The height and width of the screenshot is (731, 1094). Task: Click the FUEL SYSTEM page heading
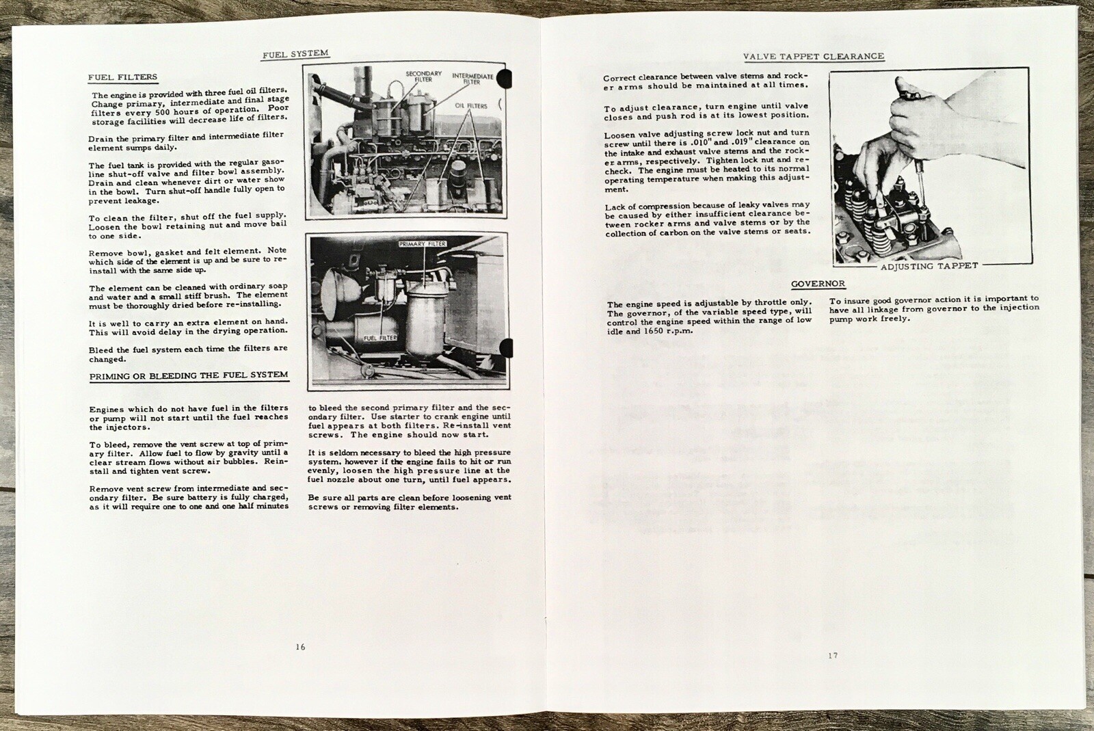coord(295,54)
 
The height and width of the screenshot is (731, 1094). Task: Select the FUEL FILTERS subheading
coord(122,77)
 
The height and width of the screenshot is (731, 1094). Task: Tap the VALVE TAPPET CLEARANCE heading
coord(814,56)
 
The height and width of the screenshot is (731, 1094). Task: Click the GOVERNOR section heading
coord(818,284)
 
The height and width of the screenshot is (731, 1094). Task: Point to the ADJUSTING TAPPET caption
coord(929,266)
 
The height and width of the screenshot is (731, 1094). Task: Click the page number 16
coord(300,647)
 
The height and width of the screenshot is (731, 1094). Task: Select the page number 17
coord(833,655)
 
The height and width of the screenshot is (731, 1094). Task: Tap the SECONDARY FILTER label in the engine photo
coord(423,76)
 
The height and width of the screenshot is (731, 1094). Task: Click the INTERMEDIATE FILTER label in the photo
coord(472,79)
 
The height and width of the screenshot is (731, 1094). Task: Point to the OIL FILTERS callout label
coord(471,106)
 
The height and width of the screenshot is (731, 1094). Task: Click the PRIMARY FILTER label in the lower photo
coord(423,243)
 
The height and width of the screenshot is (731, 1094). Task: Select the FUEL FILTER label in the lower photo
coord(380,338)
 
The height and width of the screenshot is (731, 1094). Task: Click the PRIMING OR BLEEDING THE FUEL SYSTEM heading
coord(189,375)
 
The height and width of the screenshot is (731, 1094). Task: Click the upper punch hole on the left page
coord(505,78)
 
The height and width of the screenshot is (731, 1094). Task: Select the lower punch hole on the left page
coord(507,348)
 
